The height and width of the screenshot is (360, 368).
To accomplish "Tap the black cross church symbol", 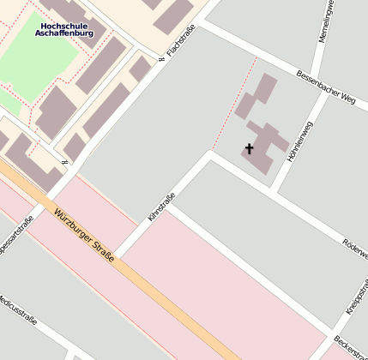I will point(250,149).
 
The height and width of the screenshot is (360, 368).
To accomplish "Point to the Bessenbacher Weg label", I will point(325,86).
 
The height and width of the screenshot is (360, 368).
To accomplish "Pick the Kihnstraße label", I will point(160,209).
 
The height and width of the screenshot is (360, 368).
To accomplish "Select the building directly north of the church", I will point(256,95).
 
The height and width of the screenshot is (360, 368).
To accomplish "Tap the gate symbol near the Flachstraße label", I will point(161,59).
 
